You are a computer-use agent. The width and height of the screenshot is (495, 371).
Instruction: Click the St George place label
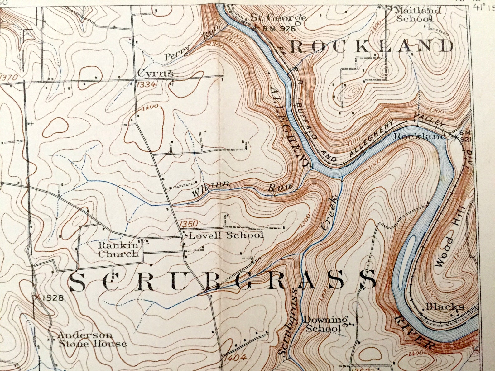[x=278, y=18]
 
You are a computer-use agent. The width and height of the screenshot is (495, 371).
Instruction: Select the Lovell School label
[x=226, y=235]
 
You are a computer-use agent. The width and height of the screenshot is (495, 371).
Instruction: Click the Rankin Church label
[x=118, y=250]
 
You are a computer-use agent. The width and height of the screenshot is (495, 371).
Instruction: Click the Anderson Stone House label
[x=92, y=340]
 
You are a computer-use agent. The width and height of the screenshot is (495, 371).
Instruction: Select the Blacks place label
[x=445, y=307]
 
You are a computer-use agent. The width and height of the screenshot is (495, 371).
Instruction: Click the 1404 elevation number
[x=235, y=358]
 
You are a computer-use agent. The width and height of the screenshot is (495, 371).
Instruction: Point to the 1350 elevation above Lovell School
[x=189, y=224]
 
